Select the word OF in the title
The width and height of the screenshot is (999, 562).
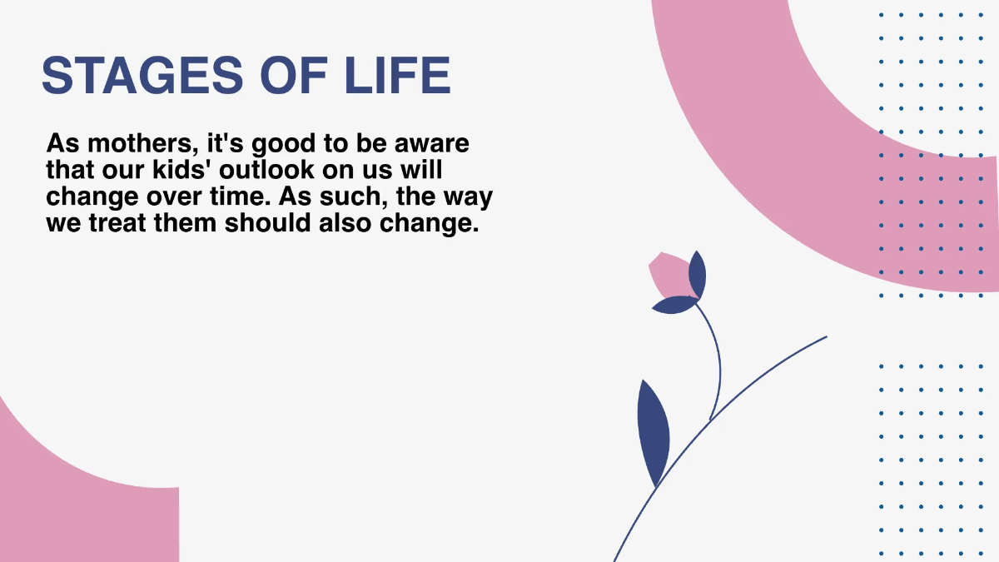click(x=295, y=76)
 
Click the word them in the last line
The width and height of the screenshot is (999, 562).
click(x=191, y=225)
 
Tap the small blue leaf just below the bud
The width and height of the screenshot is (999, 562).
click(x=675, y=306)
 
